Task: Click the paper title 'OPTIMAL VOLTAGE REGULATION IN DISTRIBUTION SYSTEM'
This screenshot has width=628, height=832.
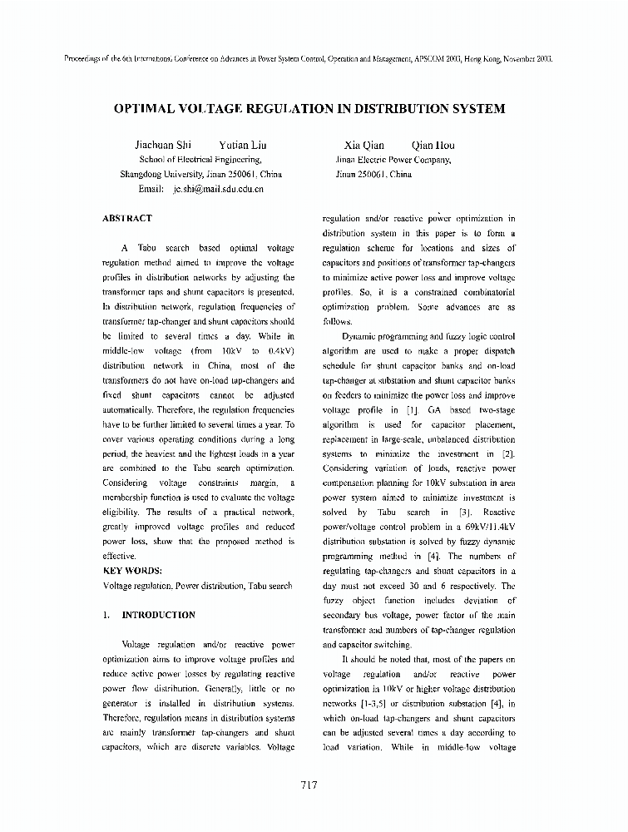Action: (309, 108)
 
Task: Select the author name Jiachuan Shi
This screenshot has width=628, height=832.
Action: (163, 145)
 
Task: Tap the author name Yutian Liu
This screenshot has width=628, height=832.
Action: (242, 145)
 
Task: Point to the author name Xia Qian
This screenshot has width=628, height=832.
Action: (363, 145)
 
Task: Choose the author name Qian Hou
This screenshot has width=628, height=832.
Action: (433, 145)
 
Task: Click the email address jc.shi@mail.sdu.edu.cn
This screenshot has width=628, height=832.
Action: (218, 190)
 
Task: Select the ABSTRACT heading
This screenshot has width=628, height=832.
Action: (126, 219)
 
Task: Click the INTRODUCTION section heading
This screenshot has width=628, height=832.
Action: (158, 615)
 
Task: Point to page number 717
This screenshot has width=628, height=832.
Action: (309, 784)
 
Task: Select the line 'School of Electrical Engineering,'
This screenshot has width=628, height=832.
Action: (200, 160)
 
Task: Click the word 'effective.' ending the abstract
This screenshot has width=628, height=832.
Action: (119, 556)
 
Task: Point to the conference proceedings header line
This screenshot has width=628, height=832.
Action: (309, 60)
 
